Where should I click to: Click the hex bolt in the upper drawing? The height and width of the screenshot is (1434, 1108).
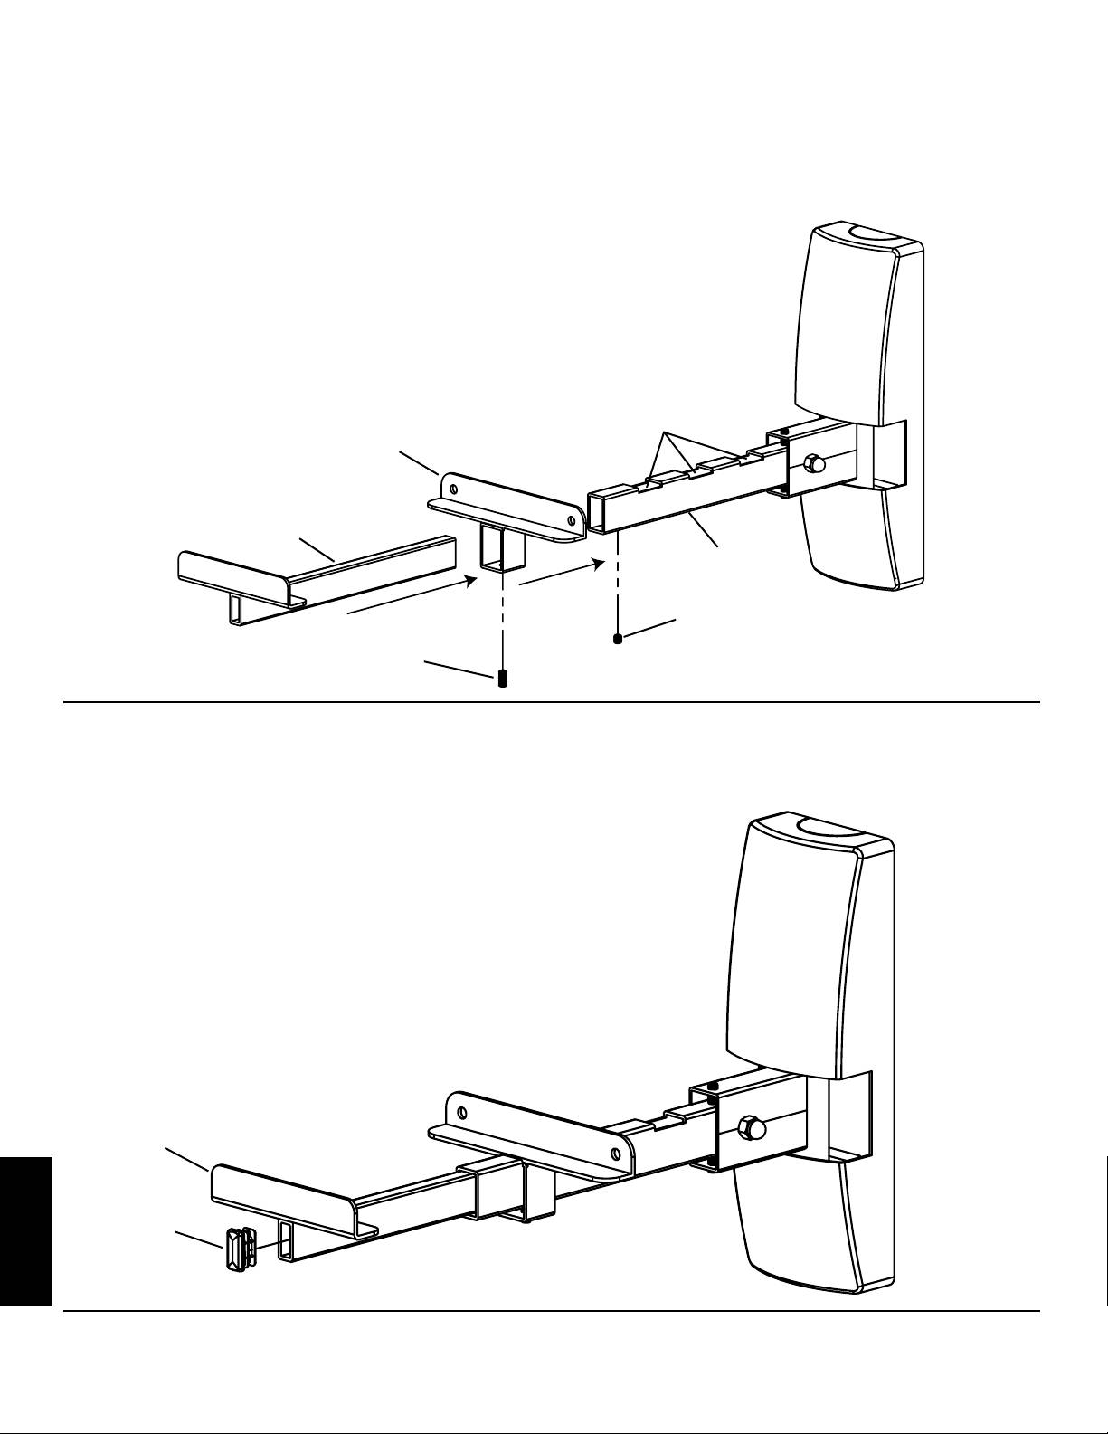(813, 464)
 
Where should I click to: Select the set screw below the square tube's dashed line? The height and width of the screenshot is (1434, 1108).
(503, 679)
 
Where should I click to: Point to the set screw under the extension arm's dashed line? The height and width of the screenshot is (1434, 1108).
(618, 639)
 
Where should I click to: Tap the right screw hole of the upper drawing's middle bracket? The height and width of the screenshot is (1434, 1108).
(570, 520)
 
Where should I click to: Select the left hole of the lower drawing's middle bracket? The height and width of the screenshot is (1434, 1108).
(461, 1111)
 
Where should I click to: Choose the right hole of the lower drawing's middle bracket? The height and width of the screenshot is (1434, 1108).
(615, 1153)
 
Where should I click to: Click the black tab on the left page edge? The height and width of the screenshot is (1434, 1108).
(26, 1231)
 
